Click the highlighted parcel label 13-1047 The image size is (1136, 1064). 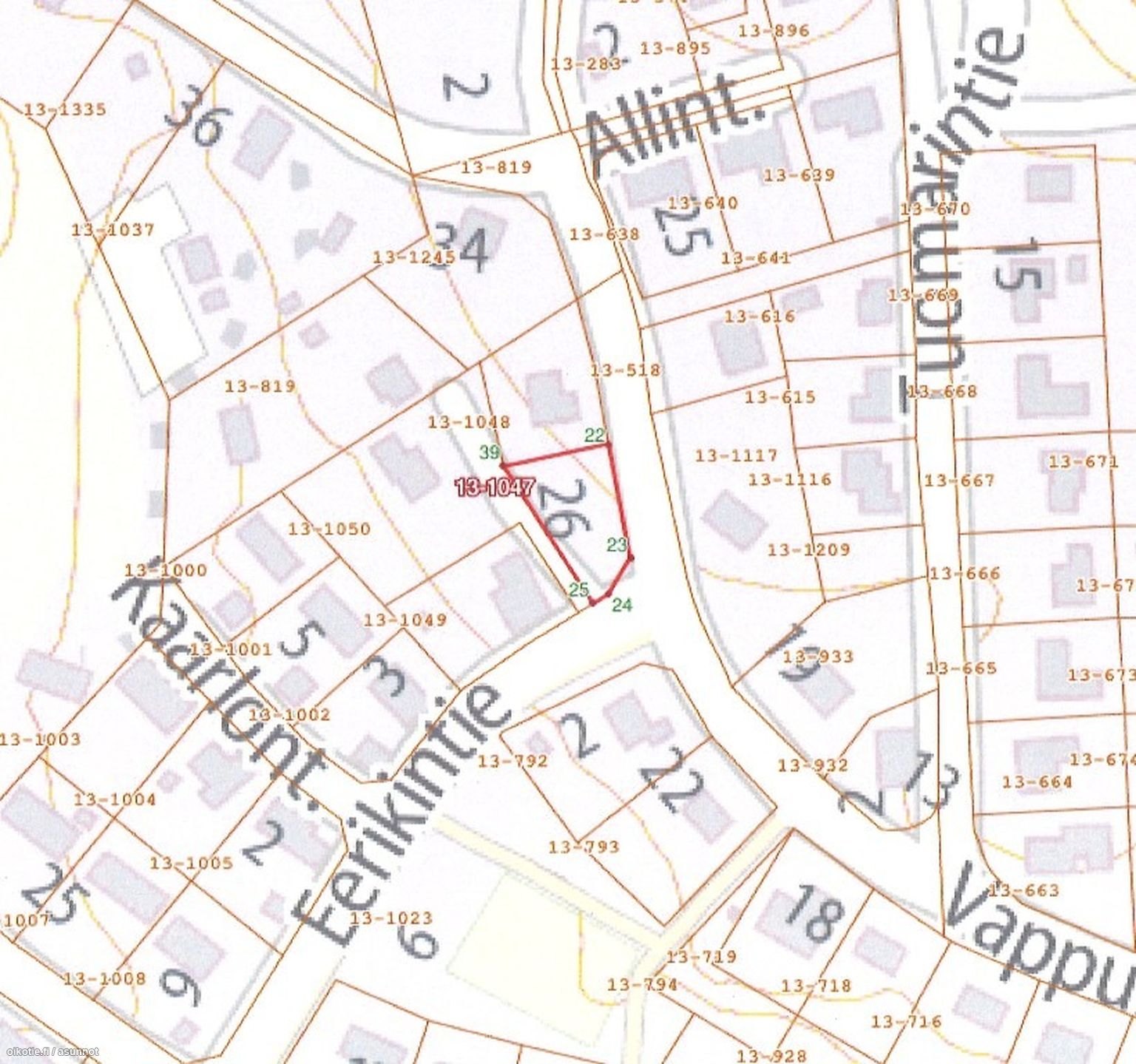(496, 487)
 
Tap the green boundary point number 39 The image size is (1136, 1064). (490, 452)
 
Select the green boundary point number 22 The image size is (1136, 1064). (595, 435)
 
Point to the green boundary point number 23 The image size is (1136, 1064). (617, 545)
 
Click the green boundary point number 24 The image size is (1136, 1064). (623, 605)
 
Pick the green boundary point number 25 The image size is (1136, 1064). (579, 589)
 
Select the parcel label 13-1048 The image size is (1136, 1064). (469, 422)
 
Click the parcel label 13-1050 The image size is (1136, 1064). (329, 529)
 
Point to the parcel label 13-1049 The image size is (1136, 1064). (405, 620)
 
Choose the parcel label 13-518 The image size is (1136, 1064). (626, 370)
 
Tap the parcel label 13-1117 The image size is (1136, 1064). (737, 455)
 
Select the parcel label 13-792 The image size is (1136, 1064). (513, 761)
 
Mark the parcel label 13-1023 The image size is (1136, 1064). (391, 918)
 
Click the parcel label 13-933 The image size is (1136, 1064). (818, 657)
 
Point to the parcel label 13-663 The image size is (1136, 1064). (1024, 890)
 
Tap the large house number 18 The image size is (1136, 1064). (814, 913)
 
